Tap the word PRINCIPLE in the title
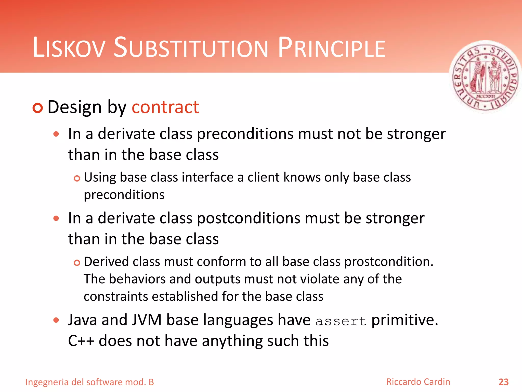tap(332, 48)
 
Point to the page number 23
tap(503, 382)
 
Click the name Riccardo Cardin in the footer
tap(418, 382)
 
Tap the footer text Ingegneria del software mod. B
tap(90, 382)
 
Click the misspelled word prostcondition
tap(389, 262)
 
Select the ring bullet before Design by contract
tap(38, 108)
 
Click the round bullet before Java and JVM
tap(56, 320)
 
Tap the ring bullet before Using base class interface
tap(77, 178)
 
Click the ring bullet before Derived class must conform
tap(77, 263)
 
